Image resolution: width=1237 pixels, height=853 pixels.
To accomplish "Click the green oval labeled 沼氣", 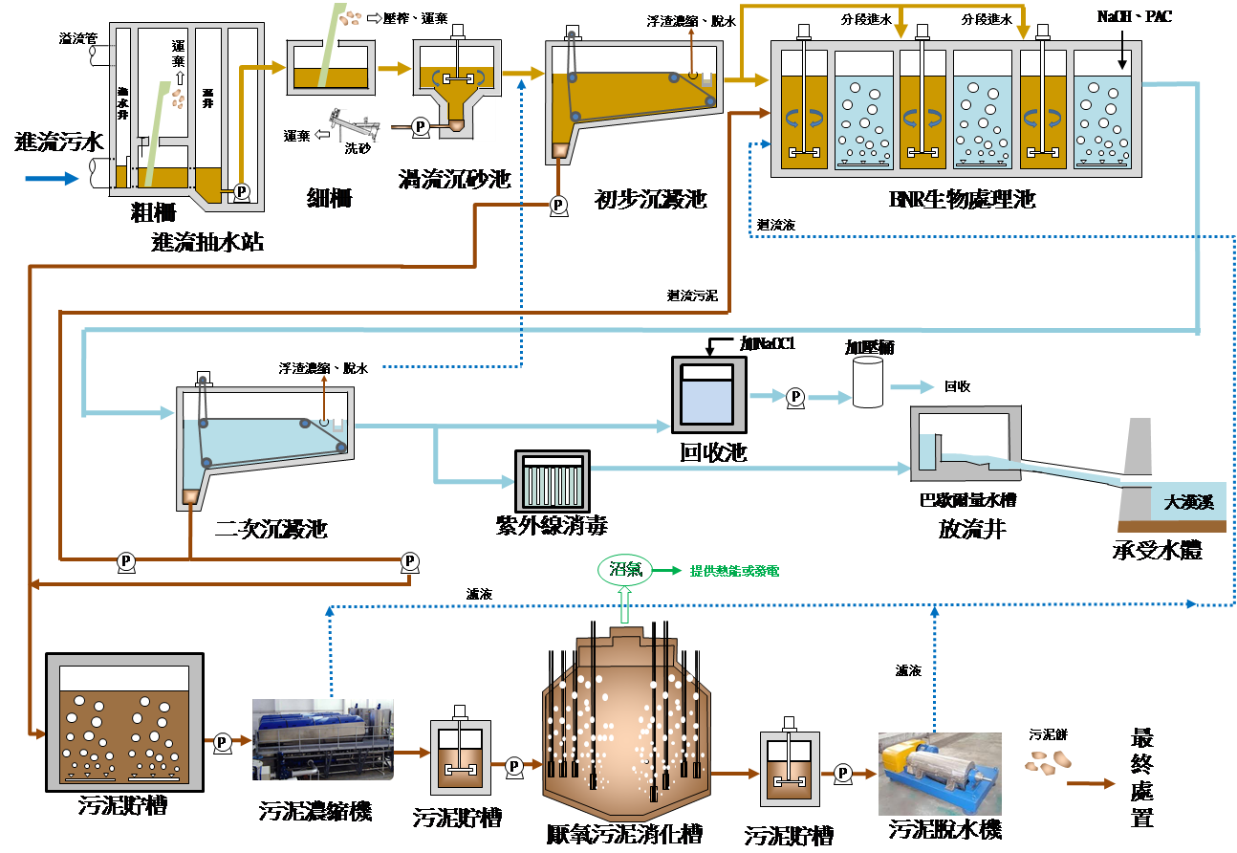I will click(x=625, y=571).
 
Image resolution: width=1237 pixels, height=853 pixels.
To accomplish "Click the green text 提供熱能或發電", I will click(x=734, y=571).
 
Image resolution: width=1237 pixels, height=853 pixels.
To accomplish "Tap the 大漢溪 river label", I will click(x=1188, y=501).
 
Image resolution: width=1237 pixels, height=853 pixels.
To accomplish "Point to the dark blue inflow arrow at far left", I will click(x=52, y=178).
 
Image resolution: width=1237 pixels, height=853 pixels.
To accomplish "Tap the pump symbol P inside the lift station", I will click(x=241, y=191).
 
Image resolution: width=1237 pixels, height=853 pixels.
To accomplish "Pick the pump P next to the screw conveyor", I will click(x=419, y=126).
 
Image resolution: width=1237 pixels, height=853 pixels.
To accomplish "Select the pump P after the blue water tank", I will click(x=795, y=396).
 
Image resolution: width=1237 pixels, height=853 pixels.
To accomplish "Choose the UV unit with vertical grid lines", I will click(x=552, y=481).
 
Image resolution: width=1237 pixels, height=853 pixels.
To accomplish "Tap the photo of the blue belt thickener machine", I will click(x=323, y=738).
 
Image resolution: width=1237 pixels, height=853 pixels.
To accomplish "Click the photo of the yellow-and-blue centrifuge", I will click(x=940, y=773).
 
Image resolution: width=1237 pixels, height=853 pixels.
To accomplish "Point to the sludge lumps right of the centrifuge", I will click(x=1048, y=762).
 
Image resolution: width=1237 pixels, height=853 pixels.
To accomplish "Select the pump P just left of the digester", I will click(x=513, y=765).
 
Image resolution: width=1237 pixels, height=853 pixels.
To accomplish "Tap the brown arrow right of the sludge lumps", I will click(x=1091, y=783).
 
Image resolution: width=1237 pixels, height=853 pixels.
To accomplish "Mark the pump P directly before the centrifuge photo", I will click(x=843, y=772).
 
